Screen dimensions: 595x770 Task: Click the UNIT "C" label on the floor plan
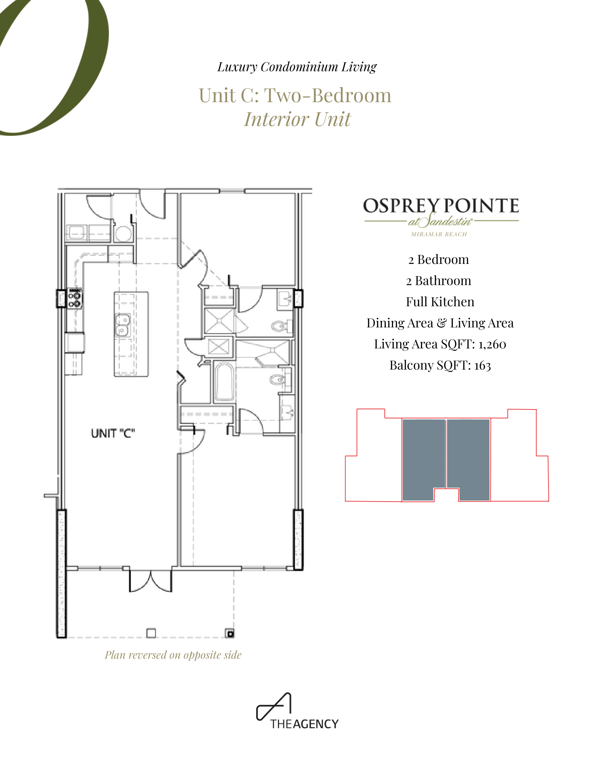[113, 433]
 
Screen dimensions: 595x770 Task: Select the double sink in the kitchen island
[122, 325]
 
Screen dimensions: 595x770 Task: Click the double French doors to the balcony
[150, 581]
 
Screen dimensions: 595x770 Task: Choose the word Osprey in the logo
[401, 206]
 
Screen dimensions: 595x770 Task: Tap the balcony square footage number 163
[483, 365]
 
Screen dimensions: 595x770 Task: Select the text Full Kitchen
[440, 302]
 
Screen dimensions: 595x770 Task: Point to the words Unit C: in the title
[229, 96]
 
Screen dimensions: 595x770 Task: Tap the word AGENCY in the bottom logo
[315, 724]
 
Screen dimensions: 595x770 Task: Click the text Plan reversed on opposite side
[173, 655]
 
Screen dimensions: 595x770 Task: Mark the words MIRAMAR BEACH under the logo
[439, 234]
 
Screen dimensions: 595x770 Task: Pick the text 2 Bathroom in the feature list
[439, 281]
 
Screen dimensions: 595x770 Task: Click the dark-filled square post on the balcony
[230, 633]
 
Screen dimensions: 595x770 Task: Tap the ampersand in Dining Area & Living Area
[441, 323]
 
